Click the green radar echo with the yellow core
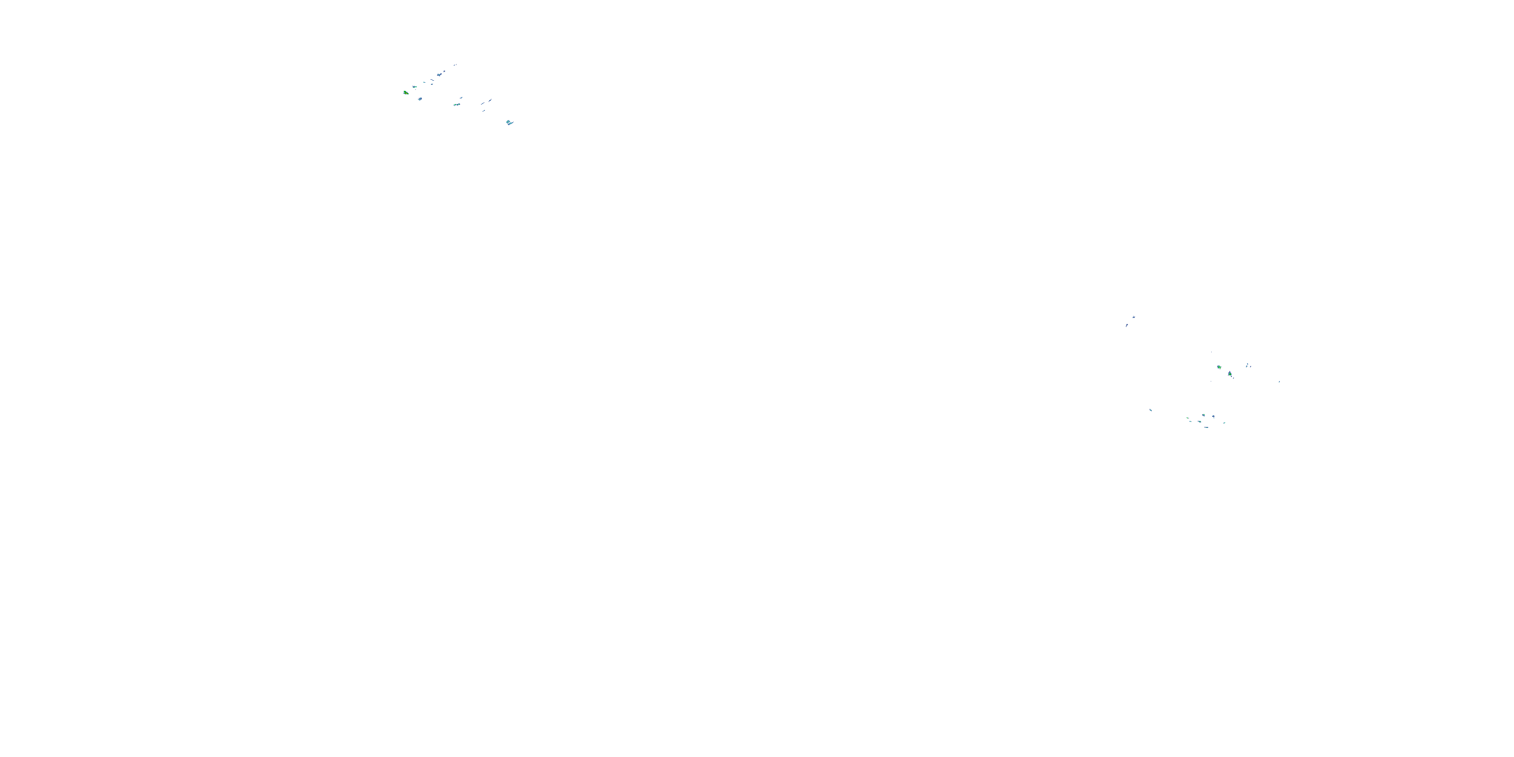406,92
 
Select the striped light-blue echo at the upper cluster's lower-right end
509,122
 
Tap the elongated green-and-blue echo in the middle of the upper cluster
457,104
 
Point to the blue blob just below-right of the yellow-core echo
420,99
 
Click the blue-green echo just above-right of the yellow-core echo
414,87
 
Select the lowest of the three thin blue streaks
483,111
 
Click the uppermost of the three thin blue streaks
490,100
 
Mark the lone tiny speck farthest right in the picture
1279,382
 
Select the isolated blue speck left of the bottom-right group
1150,410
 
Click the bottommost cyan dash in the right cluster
1206,427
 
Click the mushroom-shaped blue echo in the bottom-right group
1213,417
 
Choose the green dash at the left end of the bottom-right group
1188,418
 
